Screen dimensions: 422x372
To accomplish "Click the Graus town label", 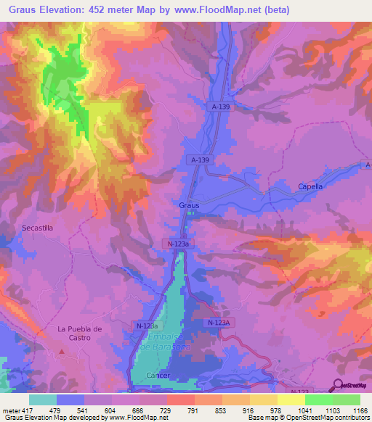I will coord(189,205).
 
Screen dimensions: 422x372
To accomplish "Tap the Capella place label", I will coord(310,186).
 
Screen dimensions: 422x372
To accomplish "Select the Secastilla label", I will coord(37,227).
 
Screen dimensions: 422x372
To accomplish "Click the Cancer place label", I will coord(158,376).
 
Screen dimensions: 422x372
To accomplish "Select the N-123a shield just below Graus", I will coord(175,245).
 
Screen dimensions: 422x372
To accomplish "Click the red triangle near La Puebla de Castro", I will coord(62,352).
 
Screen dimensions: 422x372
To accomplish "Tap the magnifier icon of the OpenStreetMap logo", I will coord(339,386).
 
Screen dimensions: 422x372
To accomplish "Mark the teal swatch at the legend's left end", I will coord(43,400).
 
